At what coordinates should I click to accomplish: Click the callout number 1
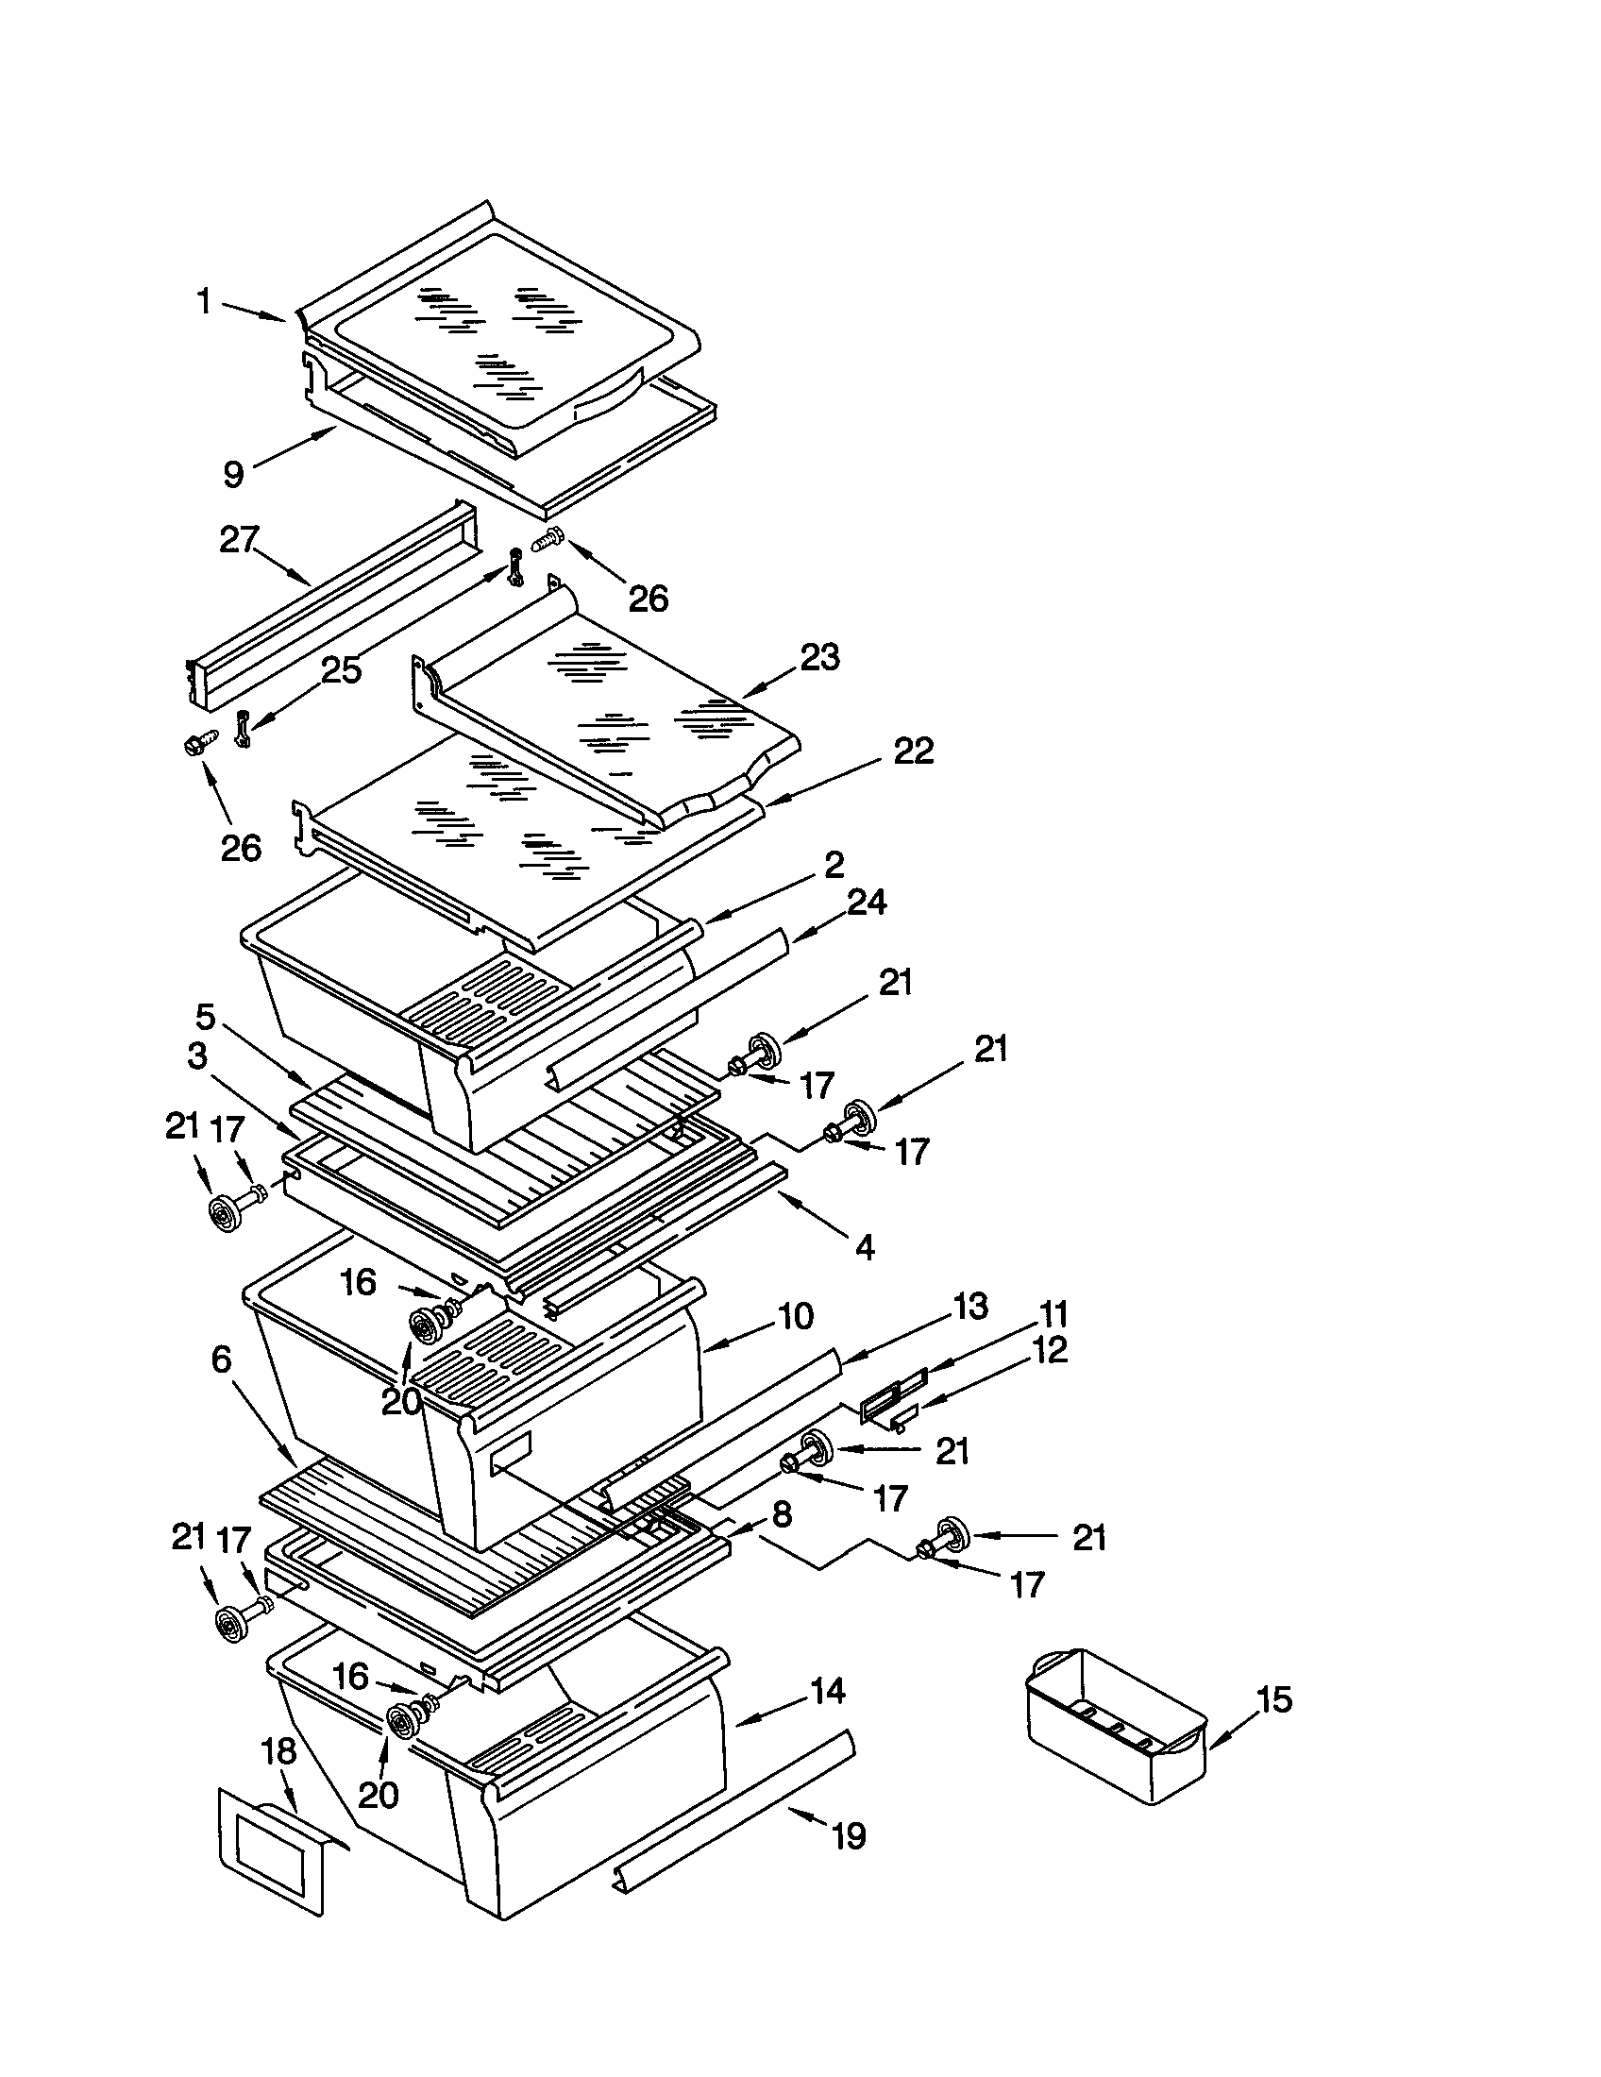204,301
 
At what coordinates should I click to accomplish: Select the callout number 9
233,473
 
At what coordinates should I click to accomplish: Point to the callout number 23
819,656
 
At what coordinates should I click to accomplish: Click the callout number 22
913,751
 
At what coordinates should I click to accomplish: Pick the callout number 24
866,902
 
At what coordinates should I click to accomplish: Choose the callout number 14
827,1691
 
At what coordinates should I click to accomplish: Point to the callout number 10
796,1316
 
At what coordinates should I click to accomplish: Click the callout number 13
969,1307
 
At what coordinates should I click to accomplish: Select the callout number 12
1050,1349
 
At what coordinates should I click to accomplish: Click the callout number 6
221,1359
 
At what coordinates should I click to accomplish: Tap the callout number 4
864,1247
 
